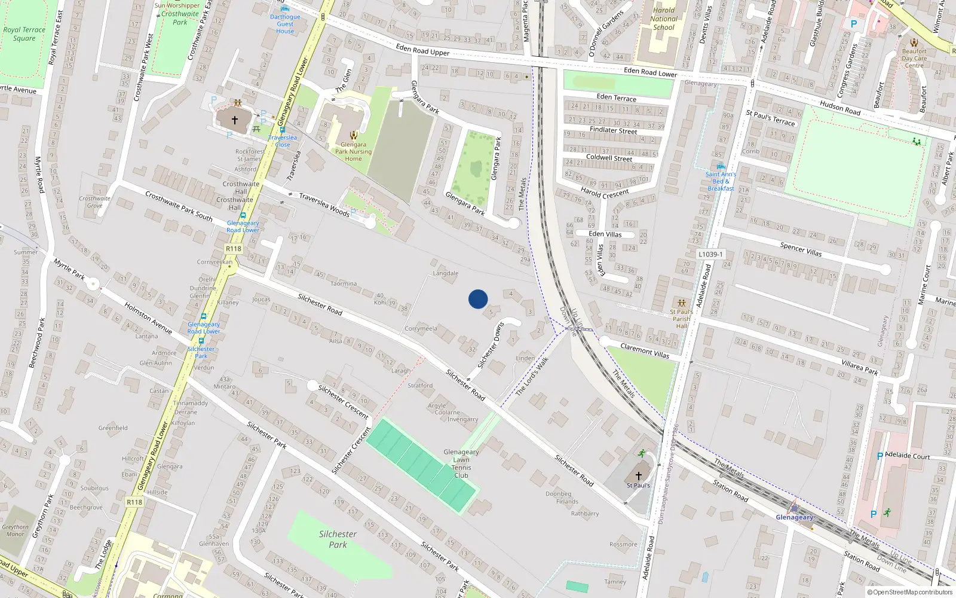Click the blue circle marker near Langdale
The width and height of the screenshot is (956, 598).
(x=478, y=299)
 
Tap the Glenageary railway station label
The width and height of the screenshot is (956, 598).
(x=794, y=517)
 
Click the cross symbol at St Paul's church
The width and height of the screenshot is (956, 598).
(x=638, y=476)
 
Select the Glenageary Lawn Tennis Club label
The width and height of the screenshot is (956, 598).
(x=461, y=464)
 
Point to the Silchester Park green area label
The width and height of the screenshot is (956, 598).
(x=338, y=539)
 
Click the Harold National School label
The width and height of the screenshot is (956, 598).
(x=664, y=19)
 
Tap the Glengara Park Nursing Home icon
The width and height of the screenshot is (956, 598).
(x=353, y=135)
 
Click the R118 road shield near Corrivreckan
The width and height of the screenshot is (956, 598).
(x=234, y=249)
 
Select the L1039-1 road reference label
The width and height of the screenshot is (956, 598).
(x=710, y=254)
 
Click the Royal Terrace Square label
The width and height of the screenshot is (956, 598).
(x=24, y=34)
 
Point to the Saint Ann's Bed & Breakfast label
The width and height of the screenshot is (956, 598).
(x=721, y=181)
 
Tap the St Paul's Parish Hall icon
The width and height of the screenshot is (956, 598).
(x=681, y=303)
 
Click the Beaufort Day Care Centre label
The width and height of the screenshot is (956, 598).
(x=914, y=58)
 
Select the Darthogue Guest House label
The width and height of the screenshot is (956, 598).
(x=285, y=24)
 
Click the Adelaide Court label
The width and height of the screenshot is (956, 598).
(x=907, y=456)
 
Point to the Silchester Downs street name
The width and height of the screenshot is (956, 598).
(x=491, y=345)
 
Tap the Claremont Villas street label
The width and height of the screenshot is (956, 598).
(x=645, y=350)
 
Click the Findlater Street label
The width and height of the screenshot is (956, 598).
(x=613, y=130)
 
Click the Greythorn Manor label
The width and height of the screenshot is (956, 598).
(x=16, y=530)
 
